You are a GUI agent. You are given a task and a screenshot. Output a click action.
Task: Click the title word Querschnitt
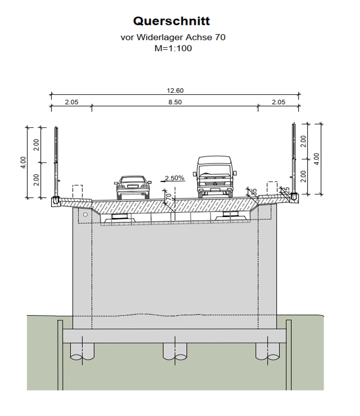(171, 21)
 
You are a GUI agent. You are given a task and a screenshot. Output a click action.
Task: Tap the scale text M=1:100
(173, 48)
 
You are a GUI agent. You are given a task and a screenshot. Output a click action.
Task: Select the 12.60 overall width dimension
(175, 91)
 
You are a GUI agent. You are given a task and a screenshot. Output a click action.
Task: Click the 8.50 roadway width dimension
(175, 102)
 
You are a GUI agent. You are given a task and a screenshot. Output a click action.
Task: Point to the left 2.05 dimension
(72, 102)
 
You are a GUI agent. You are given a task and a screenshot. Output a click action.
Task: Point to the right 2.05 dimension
(278, 102)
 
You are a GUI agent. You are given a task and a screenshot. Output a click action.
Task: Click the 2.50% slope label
(174, 178)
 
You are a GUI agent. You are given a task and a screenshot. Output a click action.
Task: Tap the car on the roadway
(133, 187)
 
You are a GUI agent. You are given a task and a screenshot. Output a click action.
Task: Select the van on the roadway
(215, 177)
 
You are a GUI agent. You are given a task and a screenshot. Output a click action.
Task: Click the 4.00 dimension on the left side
(23, 163)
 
